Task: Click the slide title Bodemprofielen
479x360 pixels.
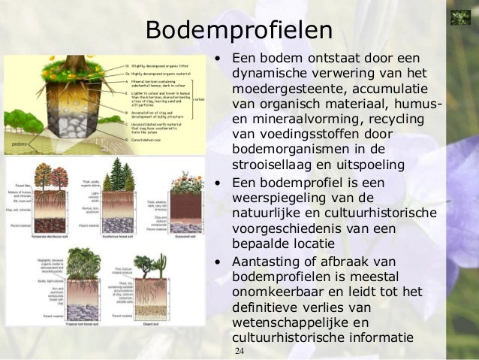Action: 239,31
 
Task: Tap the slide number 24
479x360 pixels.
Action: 239,352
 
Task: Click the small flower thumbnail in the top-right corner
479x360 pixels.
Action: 459,17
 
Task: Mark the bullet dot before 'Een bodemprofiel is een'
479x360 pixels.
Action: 217,182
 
